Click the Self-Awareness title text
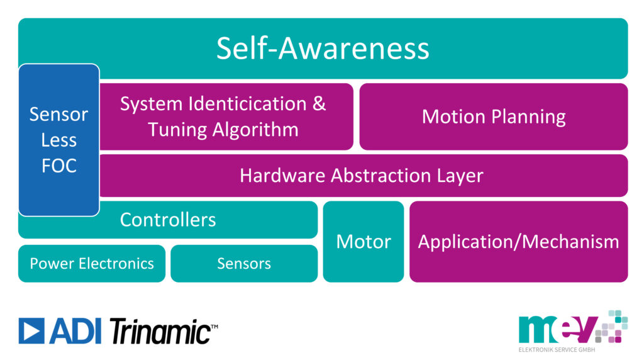tap(323, 48)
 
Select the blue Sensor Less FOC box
tap(58, 140)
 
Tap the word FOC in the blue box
tap(58, 166)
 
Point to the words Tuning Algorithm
tap(223, 130)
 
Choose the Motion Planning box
tap(493, 116)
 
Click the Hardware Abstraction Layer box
tap(364, 176)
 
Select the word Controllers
tap(167, 220)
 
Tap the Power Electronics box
tap(92, 264)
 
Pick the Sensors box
tap(244, 264)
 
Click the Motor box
tap(364, 242)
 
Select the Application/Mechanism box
tap(518, 242)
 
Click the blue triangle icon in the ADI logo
tap(31, 331)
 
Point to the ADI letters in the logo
tap(75, 331)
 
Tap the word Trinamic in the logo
tap(162, 331)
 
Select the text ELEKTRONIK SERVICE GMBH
tap(557, 350)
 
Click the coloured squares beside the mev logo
tap(612, 326)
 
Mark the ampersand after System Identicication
tap(319, 103)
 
